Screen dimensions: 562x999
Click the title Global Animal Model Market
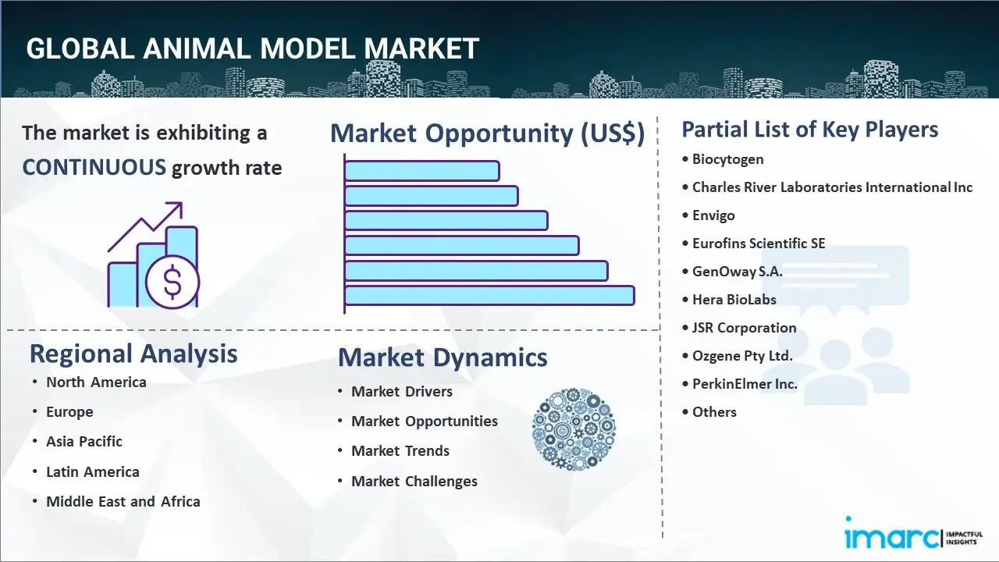point(252,48)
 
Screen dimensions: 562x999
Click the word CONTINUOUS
point(94,167)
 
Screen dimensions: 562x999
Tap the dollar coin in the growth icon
point(172,282)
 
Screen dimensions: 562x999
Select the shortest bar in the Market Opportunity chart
point(421,171)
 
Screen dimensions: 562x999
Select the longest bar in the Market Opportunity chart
point(489,295)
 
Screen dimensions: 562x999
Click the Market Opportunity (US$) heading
point(487,133)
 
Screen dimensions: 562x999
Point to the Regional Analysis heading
point(133,354)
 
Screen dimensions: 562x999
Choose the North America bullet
point(96,382)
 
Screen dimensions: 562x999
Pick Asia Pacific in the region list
point(84,442)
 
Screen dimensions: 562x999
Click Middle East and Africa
point(123,502)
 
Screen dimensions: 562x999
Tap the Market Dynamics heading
point(443,357)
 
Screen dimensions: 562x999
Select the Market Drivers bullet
point(401,392)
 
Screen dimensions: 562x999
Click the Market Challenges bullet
point(414,482)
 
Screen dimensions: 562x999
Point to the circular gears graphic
point(574,429)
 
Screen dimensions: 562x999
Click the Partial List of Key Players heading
point(809,130)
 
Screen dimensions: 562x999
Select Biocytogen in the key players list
point(727,159)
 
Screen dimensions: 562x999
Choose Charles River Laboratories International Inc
point(832,187)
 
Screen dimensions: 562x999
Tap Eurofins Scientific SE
point(758,244)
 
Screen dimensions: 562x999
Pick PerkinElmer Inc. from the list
point(745,384)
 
